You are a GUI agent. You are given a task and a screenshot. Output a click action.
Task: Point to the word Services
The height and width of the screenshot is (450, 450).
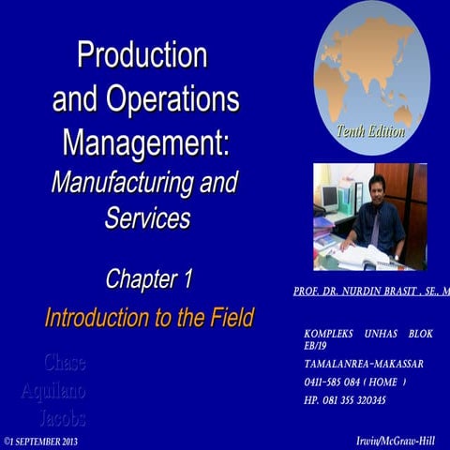click(146, 217)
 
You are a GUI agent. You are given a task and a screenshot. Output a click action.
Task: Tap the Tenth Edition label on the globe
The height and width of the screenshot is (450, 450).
click(370, 132)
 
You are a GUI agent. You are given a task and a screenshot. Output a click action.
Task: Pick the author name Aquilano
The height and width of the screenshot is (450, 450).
click(53, 390)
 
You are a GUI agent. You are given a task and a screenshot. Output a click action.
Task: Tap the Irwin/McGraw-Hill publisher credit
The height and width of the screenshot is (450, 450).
click(397, 440)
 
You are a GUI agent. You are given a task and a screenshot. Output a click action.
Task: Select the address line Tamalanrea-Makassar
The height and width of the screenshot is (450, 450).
click(363, 364)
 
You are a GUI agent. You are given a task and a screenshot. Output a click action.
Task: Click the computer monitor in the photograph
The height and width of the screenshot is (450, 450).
click(328, 198)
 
